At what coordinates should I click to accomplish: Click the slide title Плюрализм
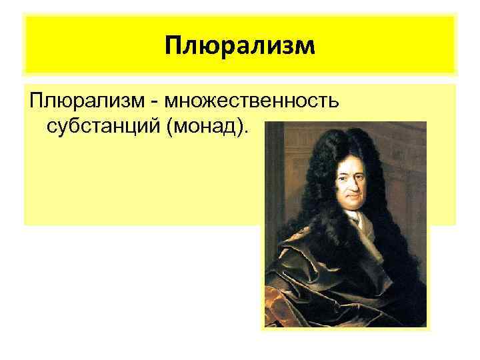239,46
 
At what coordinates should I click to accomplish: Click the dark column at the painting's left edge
272,173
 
